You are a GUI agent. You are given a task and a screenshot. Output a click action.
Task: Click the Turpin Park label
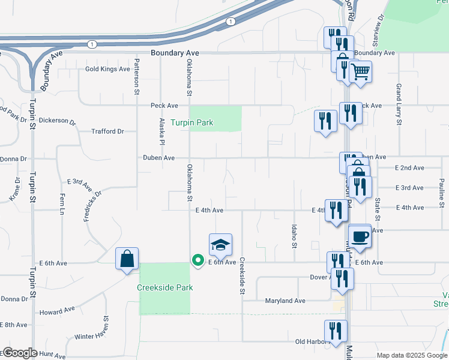(x=192, y=123)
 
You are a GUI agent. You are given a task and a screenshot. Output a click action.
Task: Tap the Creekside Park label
(x=165, y=287)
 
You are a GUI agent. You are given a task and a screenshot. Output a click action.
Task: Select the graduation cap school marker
(x=220, y=244)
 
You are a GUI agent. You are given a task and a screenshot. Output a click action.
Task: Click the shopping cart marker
(x=360, y=71)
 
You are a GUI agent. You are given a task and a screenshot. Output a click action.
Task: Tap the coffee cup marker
(x=360, y=235)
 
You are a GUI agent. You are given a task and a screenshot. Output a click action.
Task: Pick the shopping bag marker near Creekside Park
(x=127, y=259)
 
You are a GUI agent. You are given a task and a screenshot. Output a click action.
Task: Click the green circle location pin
(x=197, y=260)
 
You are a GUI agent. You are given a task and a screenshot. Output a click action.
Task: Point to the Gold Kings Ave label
(x=107, y=69)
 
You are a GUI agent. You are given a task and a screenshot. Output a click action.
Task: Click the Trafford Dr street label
(x=107, y=131)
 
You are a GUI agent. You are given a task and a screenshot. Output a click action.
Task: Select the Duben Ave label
(x=158, y=158)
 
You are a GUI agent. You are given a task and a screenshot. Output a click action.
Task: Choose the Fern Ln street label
(x=61, y=205)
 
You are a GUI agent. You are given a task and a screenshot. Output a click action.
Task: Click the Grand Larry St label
(x=398, y=104)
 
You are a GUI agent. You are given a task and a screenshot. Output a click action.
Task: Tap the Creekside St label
(x=243, y=276)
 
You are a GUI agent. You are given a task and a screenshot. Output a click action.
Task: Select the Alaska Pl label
(x=162, y=131)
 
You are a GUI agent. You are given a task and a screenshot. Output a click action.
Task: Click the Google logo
(x=19, y=353)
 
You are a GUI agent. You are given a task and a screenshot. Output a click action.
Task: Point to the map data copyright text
(x=411, y=355)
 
